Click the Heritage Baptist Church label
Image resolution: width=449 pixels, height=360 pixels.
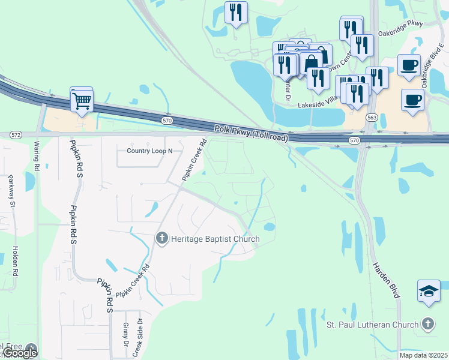215,239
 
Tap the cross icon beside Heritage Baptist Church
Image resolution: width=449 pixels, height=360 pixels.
161,239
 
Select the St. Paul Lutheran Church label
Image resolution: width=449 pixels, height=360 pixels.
372,325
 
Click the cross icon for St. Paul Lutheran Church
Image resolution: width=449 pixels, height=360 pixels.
427,324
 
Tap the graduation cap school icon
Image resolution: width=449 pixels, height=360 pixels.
429,292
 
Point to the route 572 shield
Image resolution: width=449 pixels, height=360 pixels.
16,134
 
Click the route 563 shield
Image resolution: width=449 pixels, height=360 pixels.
372,118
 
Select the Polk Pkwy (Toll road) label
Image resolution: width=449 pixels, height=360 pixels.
252,134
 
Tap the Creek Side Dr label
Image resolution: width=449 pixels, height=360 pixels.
137,339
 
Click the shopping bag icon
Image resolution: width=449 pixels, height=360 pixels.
312,62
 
